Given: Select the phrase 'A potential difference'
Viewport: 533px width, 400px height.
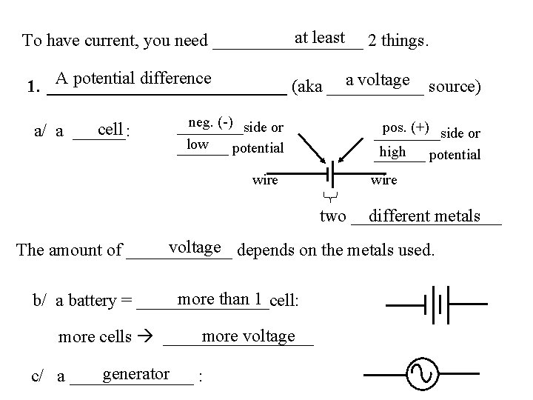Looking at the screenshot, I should pyautogui.click(x=133, y=79).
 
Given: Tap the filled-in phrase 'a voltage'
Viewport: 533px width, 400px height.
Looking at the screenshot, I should pyautogui.click(x=378, y=80).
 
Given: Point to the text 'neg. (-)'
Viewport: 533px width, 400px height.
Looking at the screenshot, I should pyautogui.click(x=211, y=121).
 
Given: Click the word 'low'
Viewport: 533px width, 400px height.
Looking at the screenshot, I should pyautogui.click(x=197, y=143).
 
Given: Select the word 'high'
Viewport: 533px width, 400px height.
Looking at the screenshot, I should pyautogui.click(x=392, y=151).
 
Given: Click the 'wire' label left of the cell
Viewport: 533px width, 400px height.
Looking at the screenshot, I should pyautogui.click(x=265, y=179).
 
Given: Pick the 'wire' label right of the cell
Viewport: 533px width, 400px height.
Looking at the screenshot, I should pyautogui.click(x=383, y=180).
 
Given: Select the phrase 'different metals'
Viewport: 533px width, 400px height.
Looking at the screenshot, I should pyautogui.click(x=423, y=216).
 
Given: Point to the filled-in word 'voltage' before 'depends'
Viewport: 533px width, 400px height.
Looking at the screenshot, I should pyautogui.click(x=195, y=247).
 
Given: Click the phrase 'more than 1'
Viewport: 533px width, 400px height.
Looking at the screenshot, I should pyautogui.click(x=221, y=299).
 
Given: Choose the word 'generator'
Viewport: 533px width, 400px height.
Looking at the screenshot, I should pyautogui.click(x=137, y=374).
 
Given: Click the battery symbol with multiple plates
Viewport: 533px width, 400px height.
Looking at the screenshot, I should pyautogui.click(x=435, y=304).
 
